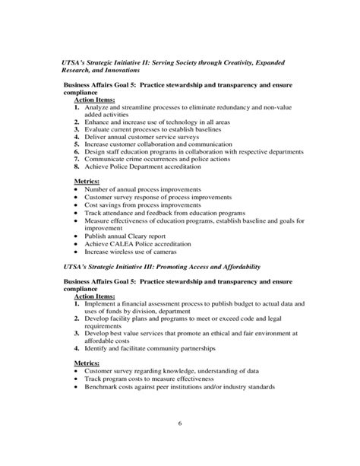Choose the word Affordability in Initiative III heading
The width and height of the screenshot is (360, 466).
[235, 267]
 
